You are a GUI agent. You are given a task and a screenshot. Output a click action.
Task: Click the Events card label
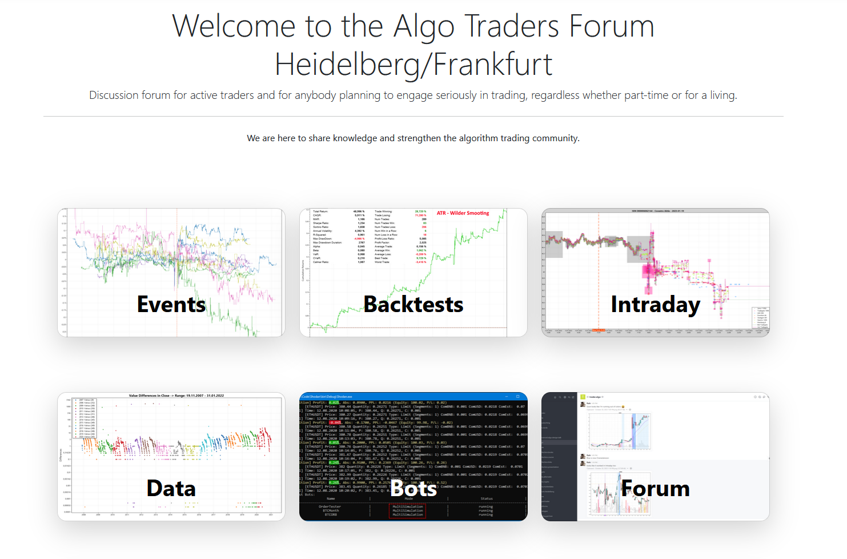[171, 305]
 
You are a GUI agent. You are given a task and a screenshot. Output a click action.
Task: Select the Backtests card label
[414, 305]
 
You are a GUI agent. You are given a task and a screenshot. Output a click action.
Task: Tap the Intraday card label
[655, 305]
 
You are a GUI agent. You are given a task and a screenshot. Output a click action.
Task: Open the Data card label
[171, 489]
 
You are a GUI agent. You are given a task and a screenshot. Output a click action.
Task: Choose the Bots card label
[414, 489]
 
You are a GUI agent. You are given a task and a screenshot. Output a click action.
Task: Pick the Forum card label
[655, 489]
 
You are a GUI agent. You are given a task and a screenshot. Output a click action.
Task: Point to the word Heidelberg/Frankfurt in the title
[414, 65]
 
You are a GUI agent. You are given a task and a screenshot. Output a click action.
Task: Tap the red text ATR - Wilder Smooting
[463, 213]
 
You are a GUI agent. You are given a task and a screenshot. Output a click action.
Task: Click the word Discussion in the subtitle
[114, 95]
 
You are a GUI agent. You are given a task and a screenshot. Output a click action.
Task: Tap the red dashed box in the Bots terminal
[407, 510]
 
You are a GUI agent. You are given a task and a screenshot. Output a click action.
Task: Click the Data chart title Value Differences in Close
[176, 396]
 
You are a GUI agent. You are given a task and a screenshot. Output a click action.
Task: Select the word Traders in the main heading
[512, 26]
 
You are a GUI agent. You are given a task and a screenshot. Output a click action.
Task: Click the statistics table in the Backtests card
[369, 237]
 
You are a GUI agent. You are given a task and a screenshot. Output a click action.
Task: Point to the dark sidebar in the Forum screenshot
[559, 457]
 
